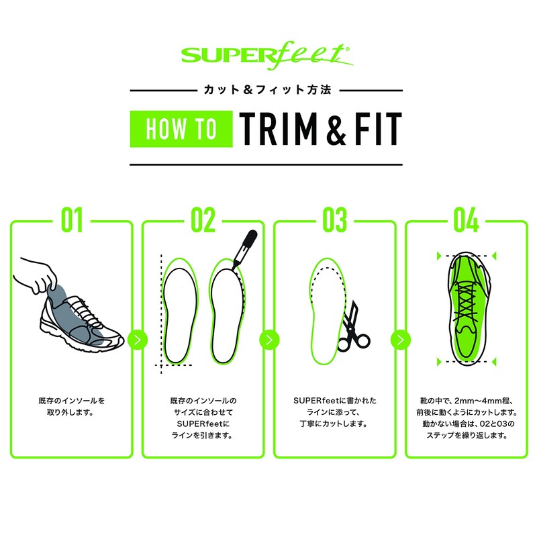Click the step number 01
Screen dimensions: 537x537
click(72, 221)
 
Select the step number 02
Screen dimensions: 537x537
click(203, 221)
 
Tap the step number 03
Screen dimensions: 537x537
click(334, 221)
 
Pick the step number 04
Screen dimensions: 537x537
click(465, 221)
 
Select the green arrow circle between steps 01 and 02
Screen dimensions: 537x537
click(137, 339)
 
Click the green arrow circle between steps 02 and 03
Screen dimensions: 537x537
click(268, 339)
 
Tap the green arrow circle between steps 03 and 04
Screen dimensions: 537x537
click(399, 339)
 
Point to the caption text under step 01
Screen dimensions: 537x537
click(72, 406)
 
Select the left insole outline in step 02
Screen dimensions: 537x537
click(179, 312)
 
